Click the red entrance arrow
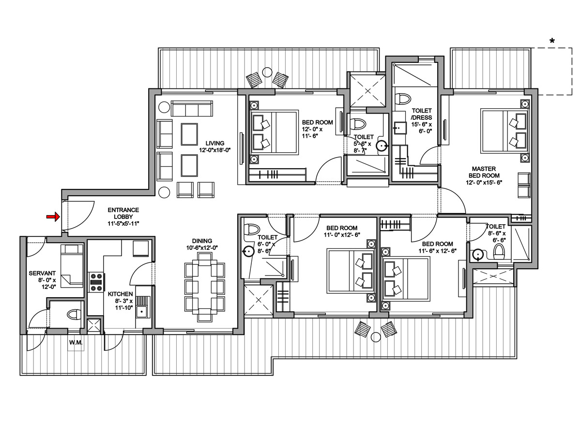pyautogui.click(x=53, y=217)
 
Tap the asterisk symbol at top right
pyautogui.click(x=552, y=41)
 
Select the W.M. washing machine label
pyautogui.click(x=76, y=343)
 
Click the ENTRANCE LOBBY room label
pyautogui.click(x=123, y=217)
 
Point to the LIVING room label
pyautogui.click(x=215, y=146)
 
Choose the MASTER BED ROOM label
pyautogui.click(x=484, y=175)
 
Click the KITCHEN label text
pyautogui.click(x=120, y=294)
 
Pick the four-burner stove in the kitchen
pyautogui.click(x=96, y=282)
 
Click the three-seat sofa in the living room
pyautogui.click(x=192, y=108)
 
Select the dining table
pyautogui.click(x=205, y=287)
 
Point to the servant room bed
pyautogui.click(x=72, y=266)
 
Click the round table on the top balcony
pyautogui.click(x=267, y=72)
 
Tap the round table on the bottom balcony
pyautogui.click(x=376, y=337)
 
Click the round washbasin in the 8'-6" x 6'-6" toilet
pyautogui.click(x=477, y=255)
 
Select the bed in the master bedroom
pyautogui.click(x=504, y=131)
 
